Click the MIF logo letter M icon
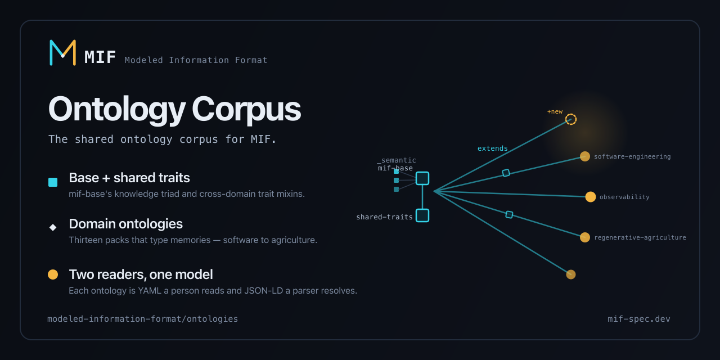click(62, 53)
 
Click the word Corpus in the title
click(246, 110)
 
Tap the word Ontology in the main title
click(117, 110)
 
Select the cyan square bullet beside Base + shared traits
click(53, 182)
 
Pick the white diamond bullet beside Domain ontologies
click(53, 228)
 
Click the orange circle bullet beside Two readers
click(53, 274)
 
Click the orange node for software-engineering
click(584, 156)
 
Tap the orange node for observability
click(591, 197)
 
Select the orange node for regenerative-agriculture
click(584, 237)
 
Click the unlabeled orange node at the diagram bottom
click(571, 274)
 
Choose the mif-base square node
click(422, 178)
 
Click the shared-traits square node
click(422, 215)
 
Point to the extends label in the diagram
click(492, 148)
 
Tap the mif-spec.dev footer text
click(638, 319)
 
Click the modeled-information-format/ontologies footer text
click(143, 319)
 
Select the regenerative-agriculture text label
click(640, 237)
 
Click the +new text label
click(555, 111)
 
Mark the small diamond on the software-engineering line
click(506, 173)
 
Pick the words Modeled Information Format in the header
click(196, 60)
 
